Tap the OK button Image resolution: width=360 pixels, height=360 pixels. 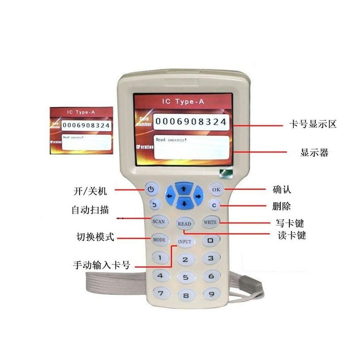[x=216, y=189]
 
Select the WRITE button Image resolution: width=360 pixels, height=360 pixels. [x=210, y=222]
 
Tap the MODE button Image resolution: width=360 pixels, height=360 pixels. [x=159, y=239]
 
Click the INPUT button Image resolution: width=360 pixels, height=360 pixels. [x=184, y=242]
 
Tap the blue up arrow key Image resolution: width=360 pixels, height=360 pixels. [x=184, y=186]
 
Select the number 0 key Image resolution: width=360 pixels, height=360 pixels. [x=210, y=240]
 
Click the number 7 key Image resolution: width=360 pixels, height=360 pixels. [x=160, y=293]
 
